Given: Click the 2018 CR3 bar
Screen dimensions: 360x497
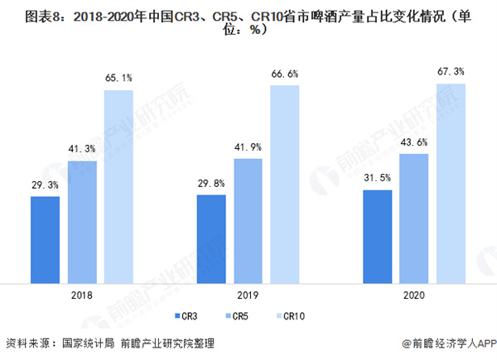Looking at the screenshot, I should click(x=45, y=238).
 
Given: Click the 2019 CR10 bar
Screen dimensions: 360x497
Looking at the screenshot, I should click(x=286, y=181).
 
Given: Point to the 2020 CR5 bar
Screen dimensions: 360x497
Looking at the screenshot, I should click(x=414, y=216).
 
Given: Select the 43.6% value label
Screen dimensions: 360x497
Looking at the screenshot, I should click(x=414, y=142).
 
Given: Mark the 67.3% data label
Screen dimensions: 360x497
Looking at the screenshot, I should click(x=451, y=71).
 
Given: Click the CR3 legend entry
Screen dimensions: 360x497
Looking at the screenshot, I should click(x=187, y=316).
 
